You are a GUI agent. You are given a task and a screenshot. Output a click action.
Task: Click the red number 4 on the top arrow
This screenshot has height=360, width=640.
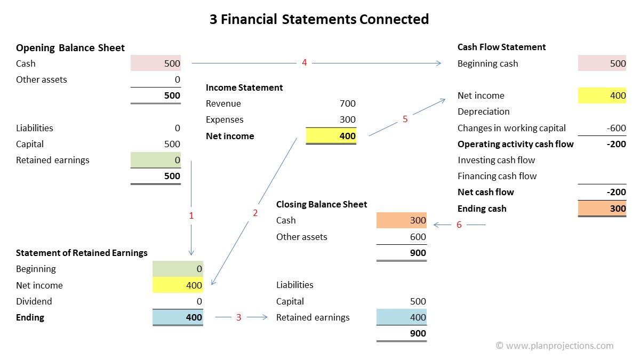304,63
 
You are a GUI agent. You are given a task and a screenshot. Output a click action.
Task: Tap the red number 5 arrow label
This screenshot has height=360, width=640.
405,119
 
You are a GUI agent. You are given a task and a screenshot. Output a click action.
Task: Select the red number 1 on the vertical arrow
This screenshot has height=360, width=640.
191,216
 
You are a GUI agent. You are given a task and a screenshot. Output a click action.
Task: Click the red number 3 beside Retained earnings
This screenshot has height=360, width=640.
238,317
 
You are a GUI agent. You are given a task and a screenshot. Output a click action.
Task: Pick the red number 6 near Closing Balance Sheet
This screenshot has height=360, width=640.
459,225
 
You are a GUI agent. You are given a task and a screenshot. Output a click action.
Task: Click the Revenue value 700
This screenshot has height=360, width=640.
347,103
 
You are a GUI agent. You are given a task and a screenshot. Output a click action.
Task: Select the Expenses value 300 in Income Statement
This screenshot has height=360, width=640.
347,119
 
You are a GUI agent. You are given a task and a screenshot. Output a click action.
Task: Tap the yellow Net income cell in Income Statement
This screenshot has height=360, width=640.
331,136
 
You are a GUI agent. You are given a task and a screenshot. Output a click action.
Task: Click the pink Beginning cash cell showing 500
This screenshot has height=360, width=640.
602,63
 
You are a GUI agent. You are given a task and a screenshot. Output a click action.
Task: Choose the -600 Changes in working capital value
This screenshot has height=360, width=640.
616,128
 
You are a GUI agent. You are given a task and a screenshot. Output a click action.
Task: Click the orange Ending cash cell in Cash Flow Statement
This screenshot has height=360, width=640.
602,209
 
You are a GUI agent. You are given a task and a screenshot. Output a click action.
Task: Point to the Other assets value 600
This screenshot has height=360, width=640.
418,237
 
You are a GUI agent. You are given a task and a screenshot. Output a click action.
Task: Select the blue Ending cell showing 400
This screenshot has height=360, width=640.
178,317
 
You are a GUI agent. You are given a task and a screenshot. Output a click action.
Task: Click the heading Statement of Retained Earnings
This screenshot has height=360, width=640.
82,253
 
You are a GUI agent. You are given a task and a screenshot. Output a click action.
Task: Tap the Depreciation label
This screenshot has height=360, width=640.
483,111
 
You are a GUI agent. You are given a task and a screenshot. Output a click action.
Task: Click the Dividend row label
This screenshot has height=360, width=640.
34,301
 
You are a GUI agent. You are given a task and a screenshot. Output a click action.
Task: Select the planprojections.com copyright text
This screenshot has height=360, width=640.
555,346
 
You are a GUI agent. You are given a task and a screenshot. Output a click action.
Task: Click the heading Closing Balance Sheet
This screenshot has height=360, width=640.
322,204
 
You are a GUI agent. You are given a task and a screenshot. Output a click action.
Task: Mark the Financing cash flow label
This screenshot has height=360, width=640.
497,176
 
